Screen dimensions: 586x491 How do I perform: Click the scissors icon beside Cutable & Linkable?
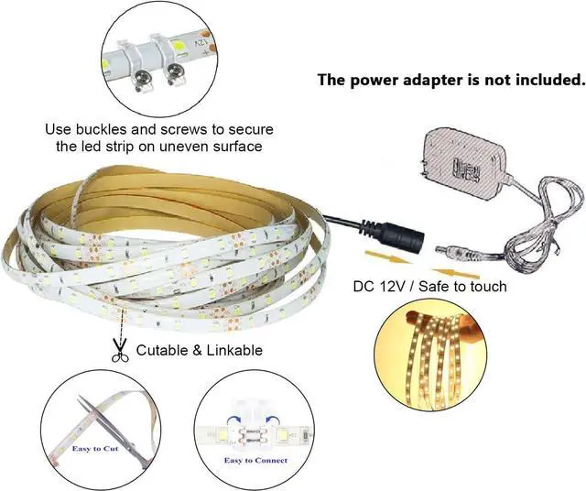click(x=118, y=351)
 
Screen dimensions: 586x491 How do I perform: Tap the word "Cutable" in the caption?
click(x=163, y=350)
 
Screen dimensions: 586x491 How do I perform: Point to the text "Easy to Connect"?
click(x=256, y=461)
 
